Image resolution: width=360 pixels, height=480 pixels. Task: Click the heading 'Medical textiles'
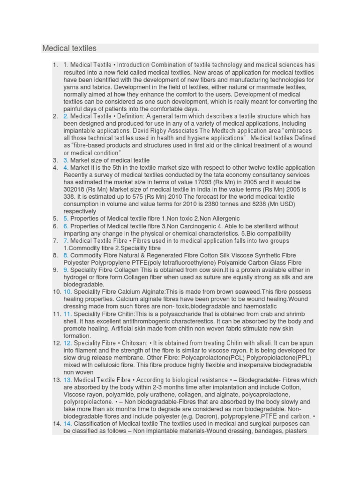[x=69, y=48]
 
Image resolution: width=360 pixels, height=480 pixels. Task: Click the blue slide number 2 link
[x=66, y=116]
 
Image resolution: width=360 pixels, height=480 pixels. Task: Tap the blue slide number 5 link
[x=66, y=219]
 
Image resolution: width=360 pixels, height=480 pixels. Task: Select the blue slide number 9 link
[x=66, y=270]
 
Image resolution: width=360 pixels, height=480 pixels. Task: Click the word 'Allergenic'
[x=224, y=219]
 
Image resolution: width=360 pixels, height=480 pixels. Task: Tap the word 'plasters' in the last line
[x=295, y=431]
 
